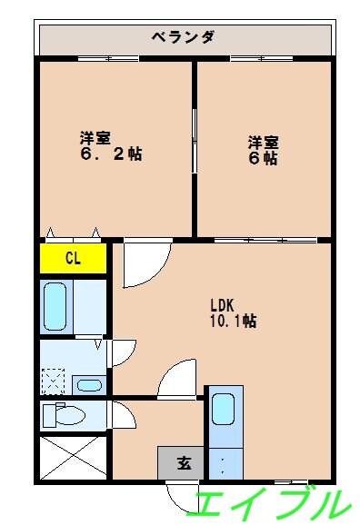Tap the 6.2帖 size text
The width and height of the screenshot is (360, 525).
pos(110,154)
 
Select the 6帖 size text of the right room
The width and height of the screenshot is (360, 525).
pos(264,157)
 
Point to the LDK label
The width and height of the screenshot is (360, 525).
pos(225,304)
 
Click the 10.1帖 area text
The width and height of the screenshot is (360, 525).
pos(233,321)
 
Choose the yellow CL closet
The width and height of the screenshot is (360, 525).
pos(74,258)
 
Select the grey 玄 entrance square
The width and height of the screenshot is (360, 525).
pos(181,463)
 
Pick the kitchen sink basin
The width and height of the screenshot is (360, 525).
pos(224,409)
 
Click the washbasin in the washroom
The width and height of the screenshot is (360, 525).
pos(89,384)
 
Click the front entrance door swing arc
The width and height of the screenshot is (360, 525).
pos(182,495)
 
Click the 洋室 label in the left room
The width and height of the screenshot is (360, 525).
pos(95,137)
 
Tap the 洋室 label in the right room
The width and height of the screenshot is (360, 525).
pos(264,142)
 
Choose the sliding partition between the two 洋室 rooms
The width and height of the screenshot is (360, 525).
pos(195,141)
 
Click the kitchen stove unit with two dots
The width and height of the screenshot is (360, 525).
pos(224,464)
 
